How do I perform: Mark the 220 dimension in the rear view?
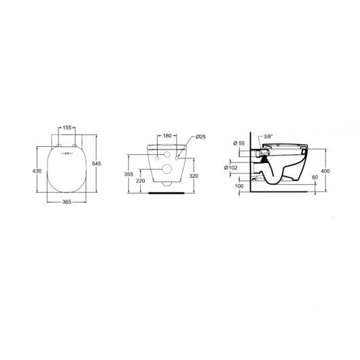coord(140,182)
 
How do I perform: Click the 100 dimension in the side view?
coord(239,185)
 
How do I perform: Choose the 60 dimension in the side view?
coord(314,178)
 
